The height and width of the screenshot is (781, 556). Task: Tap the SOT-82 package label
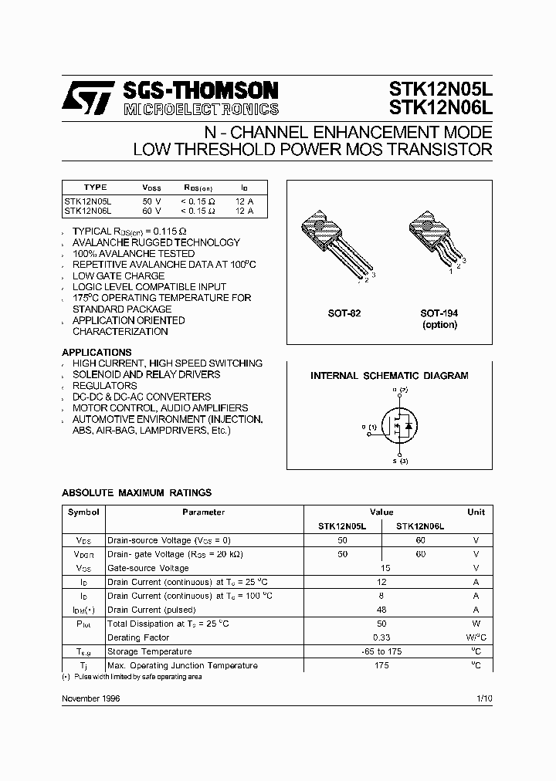tap(345, 313)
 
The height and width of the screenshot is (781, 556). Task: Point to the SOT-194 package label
tap(439, 313)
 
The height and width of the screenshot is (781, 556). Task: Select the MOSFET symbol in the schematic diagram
tap(398, 425)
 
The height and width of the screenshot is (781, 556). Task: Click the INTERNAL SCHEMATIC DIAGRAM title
tap(389, 376)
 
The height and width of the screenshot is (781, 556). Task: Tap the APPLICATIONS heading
tap(97, 352)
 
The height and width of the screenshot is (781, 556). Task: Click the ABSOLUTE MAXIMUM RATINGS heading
tap(136, 492)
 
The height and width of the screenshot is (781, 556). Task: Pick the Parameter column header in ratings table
tap(204, 512)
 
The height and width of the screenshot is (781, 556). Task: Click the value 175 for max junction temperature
tap(381, 665)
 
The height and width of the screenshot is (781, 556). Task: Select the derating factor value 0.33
tap(381, 637)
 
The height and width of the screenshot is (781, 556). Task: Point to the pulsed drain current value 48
tap(381, 610)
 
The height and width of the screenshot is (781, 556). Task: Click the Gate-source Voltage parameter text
tap(148, 568)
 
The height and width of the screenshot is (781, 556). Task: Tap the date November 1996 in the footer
tap(90, 698)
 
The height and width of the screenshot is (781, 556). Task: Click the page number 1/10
tap(484, 698)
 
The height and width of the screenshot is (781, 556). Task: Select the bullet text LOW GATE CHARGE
tap(118, 276)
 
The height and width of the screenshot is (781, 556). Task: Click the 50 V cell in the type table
tap(152, 201)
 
